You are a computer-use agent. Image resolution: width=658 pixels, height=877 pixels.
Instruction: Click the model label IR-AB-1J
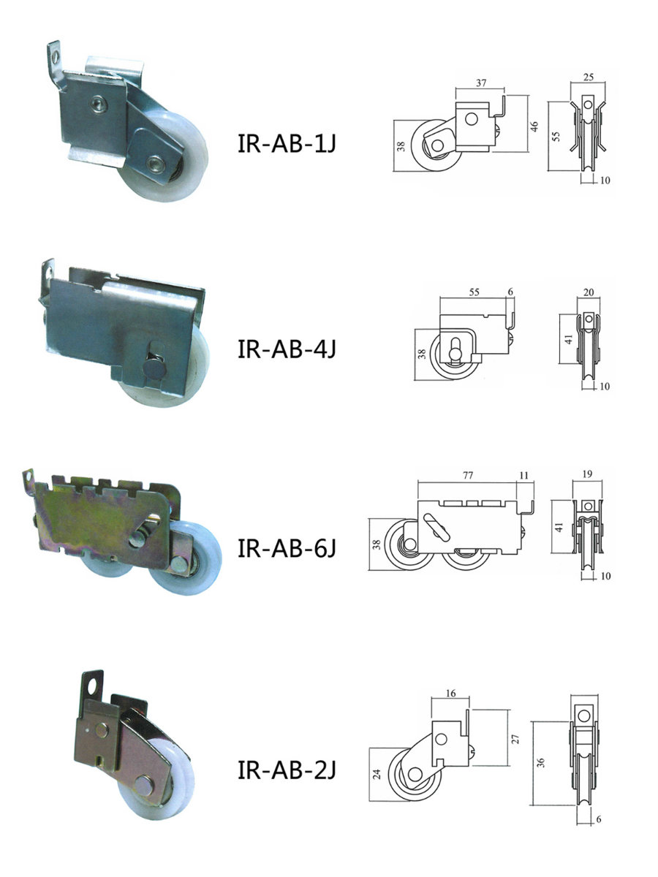pos(287,143)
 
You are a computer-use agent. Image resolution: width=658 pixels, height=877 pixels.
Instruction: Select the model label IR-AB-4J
pos(287,349)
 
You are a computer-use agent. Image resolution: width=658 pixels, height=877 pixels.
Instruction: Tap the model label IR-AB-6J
pos(287,548)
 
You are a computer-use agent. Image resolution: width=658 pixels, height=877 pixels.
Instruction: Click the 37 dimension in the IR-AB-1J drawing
pos(481,83)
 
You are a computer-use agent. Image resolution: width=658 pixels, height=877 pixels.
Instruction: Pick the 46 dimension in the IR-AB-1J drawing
pos(534,126)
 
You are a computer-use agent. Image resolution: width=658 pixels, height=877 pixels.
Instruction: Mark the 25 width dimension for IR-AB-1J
pos(588,77)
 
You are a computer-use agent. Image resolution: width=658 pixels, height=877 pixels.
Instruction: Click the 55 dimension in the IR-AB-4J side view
pos(474,292)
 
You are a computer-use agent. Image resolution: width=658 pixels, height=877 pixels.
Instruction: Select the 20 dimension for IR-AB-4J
pos(589,292)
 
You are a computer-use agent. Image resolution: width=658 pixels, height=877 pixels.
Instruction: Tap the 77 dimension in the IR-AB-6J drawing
pos(468,475)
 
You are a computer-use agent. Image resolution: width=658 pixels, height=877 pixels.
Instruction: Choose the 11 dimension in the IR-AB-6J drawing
pos(523,476)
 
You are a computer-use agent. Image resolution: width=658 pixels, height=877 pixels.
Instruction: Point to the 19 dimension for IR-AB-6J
pos(587,474)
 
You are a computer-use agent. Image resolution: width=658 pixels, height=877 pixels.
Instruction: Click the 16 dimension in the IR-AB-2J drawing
pos(450,694)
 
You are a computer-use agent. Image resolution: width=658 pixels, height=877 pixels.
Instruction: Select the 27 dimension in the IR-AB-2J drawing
pos(515,739)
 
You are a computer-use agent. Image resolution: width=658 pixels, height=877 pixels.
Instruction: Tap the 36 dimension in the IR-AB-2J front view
pos(540,762)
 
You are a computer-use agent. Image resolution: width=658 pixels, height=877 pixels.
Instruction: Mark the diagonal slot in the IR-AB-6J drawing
pos(436,528)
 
